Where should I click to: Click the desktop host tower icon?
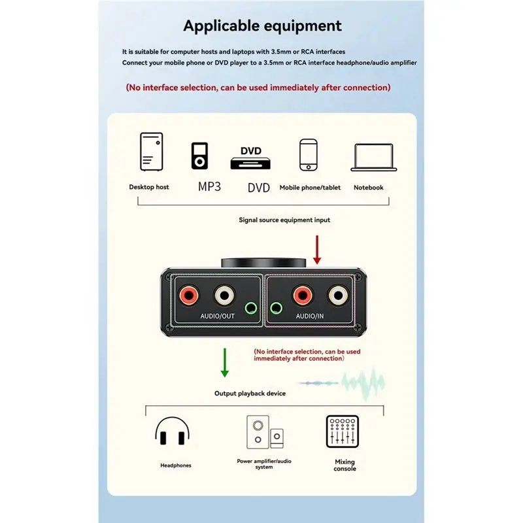152,152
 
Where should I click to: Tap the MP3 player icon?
199,156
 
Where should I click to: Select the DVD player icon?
250,158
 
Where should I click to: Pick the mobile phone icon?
308,155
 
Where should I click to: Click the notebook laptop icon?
373,158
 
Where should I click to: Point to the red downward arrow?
317,250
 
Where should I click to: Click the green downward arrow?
225,363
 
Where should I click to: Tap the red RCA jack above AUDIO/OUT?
189,295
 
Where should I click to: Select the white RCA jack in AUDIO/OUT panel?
224,295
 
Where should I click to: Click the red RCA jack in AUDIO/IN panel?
303,295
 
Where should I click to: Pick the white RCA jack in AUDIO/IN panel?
338,295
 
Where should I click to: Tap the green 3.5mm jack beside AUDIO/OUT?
251,308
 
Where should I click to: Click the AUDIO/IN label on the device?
309,316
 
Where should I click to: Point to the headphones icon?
172,430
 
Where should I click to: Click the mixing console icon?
342,431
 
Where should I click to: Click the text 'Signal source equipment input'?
284,220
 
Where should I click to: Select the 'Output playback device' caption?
250,394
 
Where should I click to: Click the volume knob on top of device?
263,263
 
